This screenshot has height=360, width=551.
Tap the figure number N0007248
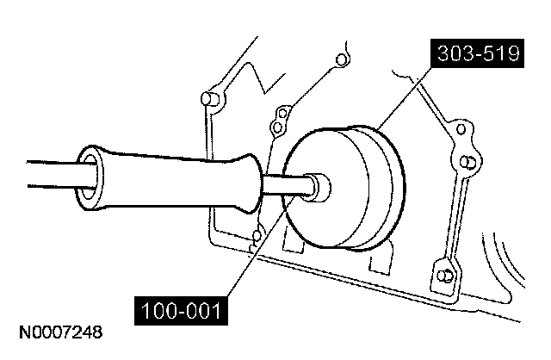57,330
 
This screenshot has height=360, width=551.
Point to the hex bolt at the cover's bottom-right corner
443,276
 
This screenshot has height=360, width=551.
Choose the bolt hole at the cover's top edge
341,59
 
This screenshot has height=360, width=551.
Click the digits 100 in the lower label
155,308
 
